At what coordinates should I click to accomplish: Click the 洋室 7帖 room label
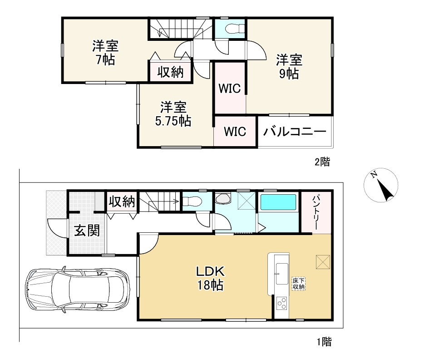[105, 53]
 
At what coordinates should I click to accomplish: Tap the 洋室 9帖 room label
[289, 67]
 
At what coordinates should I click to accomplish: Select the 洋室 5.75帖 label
[173, 114]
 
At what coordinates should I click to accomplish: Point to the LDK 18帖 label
[210, 278]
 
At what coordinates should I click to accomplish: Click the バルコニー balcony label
[295, 132]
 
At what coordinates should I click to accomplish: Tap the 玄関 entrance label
[87, 231]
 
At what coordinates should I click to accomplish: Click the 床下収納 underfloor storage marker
[299, 284]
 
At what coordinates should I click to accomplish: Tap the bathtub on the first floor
[278, 202]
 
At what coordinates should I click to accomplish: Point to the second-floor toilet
[235, 28]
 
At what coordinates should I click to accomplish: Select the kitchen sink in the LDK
[281, 273]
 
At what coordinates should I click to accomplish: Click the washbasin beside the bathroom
[223, 198]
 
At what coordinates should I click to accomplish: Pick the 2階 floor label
[322, 162]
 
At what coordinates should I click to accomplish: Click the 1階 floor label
[324, 342]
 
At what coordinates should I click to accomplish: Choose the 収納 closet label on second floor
[171, 72]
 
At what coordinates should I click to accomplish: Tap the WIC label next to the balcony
[235, 132]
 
